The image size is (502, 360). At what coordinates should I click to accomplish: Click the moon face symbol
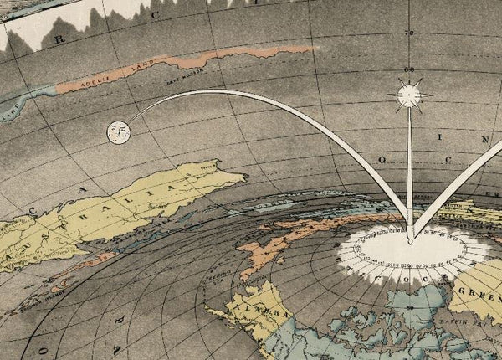pos(119,130)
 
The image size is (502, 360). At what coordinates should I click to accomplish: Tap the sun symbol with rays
pos(409,95)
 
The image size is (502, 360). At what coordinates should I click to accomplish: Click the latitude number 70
pos(409,33)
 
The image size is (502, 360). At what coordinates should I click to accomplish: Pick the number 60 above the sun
pos(409,69)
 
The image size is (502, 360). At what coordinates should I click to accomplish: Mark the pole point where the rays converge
pos(409,241)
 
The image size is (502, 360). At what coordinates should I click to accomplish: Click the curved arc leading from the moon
pos(251,97)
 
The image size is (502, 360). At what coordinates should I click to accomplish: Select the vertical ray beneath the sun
pos(409,167)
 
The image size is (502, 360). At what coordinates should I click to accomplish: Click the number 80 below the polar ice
pos(410,308)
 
